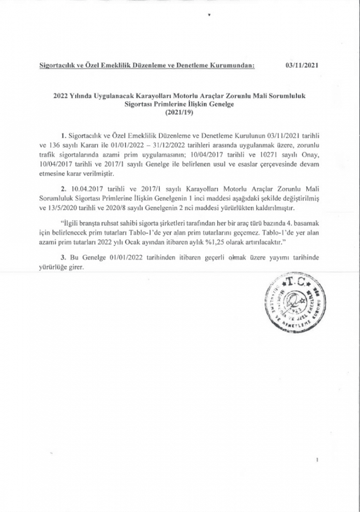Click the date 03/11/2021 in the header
click(x=302, y=66)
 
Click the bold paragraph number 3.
click(x=63, y=258)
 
